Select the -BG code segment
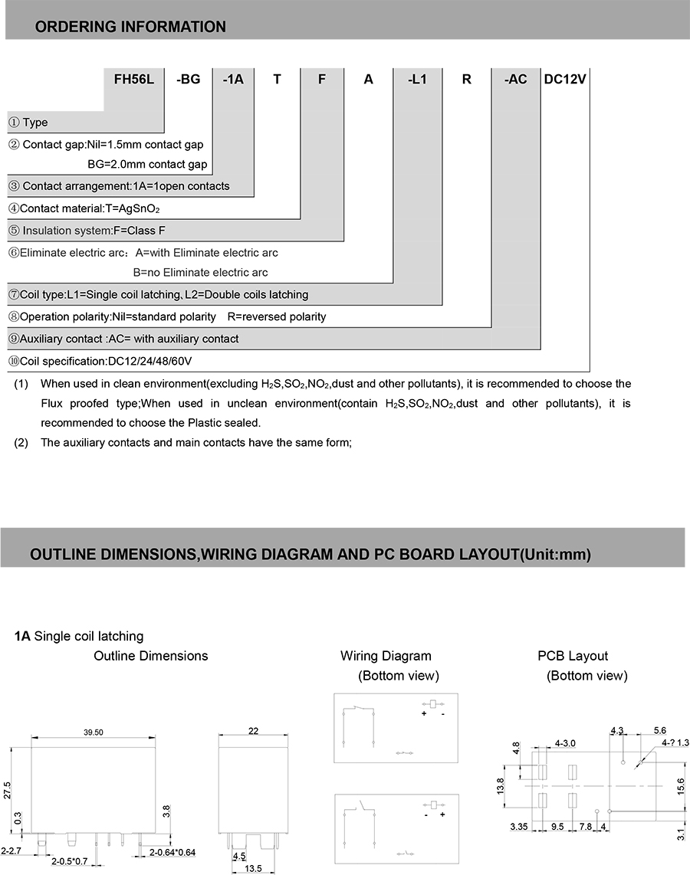click(x=188, y=79)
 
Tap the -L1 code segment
click(x=417, y=79)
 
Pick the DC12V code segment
click(x=565, y=79)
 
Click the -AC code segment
click(x=516, y=79)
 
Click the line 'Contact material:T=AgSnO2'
click(x=84, y=208)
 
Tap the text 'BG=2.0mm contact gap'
click(x=147, y=164)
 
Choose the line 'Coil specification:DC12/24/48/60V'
click(x=100, y=361)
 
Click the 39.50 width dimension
click(x=93, y=733)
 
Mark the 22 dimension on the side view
click(x=253, y=732)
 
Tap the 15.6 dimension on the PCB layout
click(x=682, y=785)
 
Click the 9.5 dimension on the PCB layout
click(x=557, y=827)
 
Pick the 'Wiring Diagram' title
click(x=386, y=656)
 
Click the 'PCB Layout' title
click(x=573, y=656)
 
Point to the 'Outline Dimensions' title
click(x=151, y=656)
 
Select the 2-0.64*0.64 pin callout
click(x=173, y=851)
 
